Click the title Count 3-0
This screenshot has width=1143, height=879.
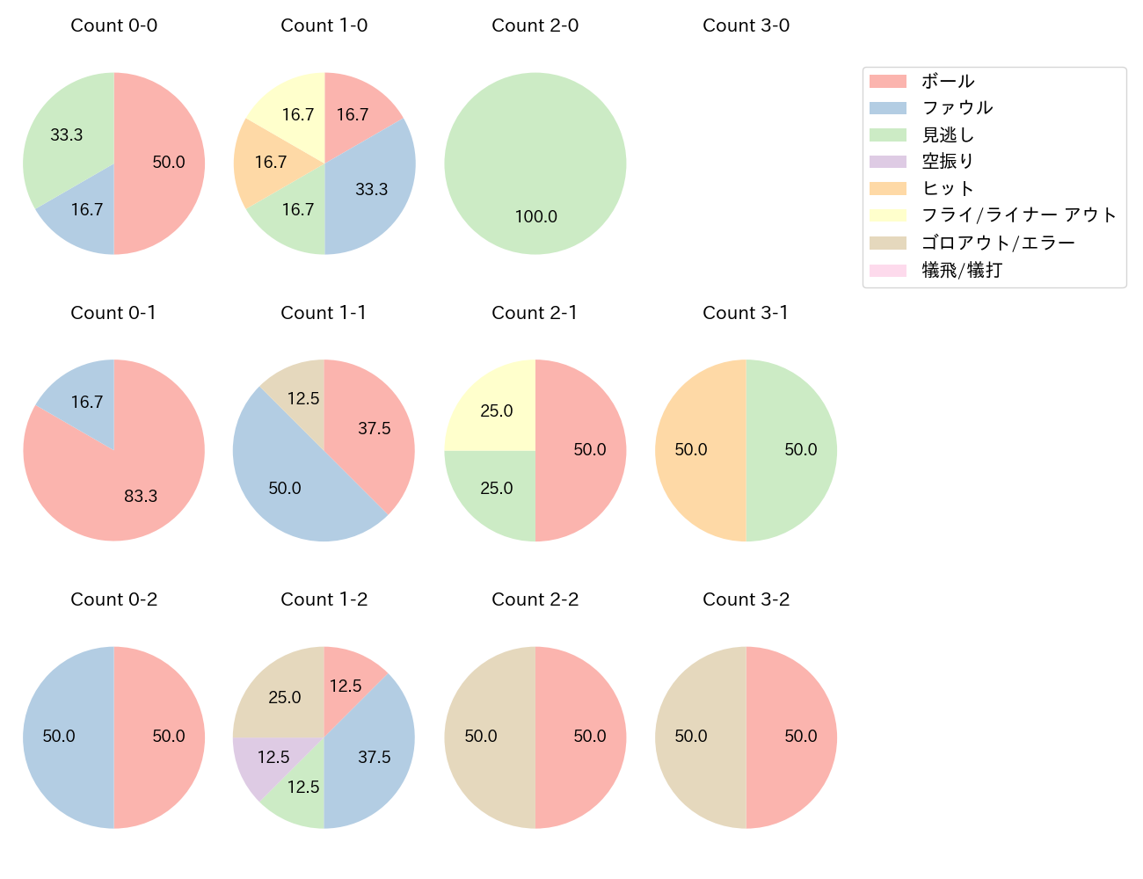point(746,25)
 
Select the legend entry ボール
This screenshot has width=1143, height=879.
point(947,81)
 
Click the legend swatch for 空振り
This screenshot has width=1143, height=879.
point(887,162)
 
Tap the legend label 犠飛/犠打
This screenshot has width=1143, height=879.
point(961,270)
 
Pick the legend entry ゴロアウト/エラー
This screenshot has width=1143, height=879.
point(998,243)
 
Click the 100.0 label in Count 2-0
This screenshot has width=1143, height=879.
point(535,216)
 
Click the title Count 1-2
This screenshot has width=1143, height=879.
point(324,599)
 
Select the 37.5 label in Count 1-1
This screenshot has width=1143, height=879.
point(374,428)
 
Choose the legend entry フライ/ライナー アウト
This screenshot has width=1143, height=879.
point(1018,215)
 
